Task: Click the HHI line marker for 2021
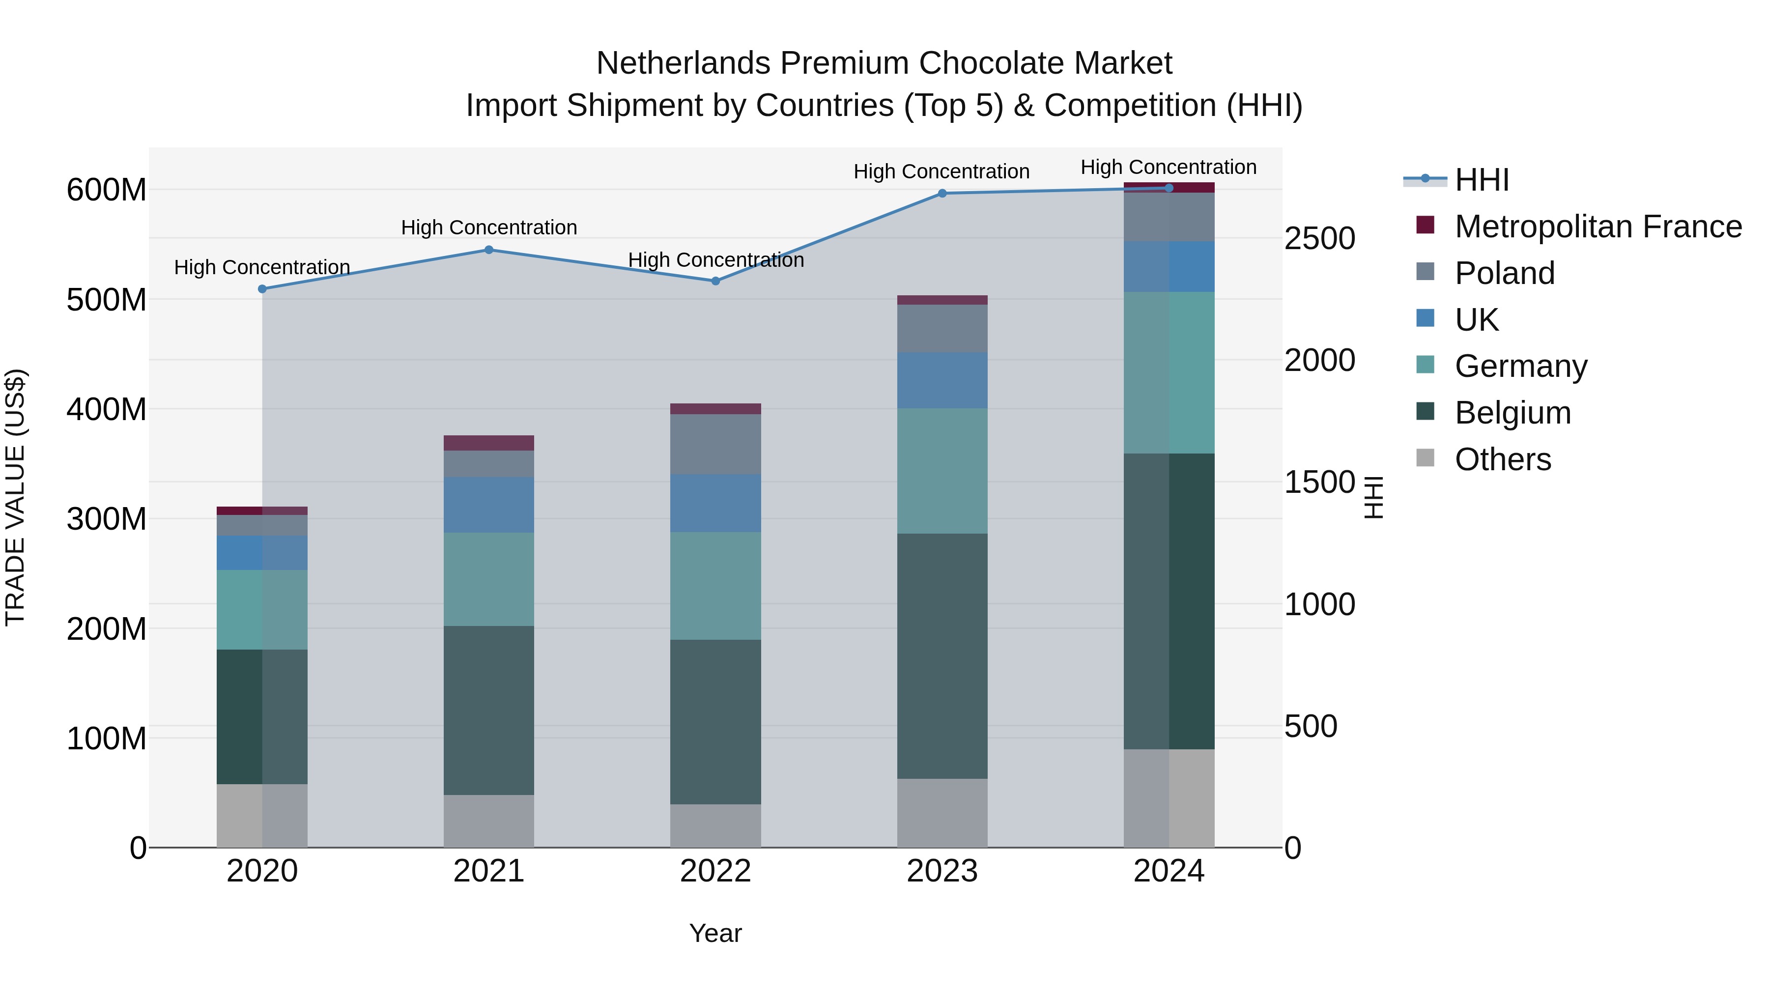click(x=488, y=250)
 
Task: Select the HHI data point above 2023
click(x=942, y=194)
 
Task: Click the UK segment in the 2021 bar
click(x=488, y=505)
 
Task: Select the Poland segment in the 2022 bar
click(x=715, y=444)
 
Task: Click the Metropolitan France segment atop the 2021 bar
click(x=488, y=443)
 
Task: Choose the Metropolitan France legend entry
click(x=1598, y=227)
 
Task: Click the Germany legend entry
click(x=1520, y=366)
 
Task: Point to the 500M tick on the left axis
click(x=107, y=300)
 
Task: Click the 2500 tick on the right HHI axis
click(x=1319, y=239)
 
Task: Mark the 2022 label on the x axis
click(x=715, y=871)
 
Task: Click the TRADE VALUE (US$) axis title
click(x=15, y=497)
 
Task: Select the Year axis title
click(x=715, y=933)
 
